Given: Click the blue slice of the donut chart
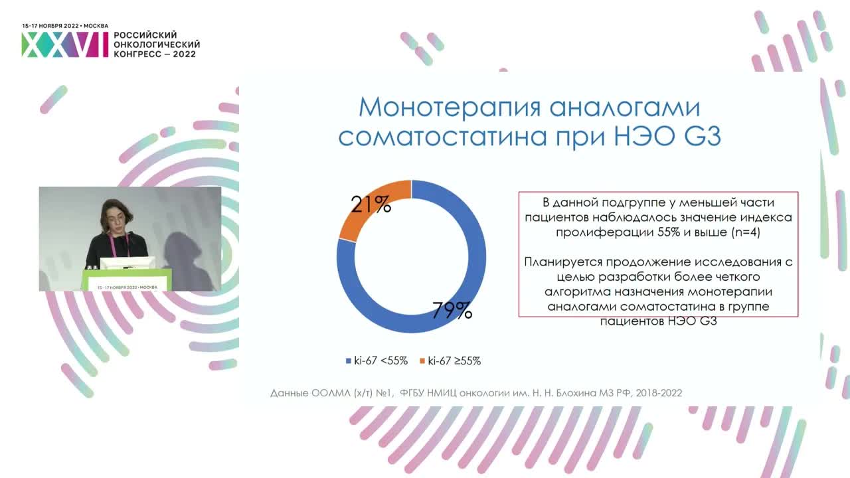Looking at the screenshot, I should point(465,279).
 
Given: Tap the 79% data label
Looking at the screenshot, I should point(452,311).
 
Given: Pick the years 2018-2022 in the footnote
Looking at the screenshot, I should point(659,393).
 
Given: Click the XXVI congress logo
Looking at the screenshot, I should point(64,44).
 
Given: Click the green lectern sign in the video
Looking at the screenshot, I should point(127,281).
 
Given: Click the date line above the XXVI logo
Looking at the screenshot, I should point(65,25).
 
